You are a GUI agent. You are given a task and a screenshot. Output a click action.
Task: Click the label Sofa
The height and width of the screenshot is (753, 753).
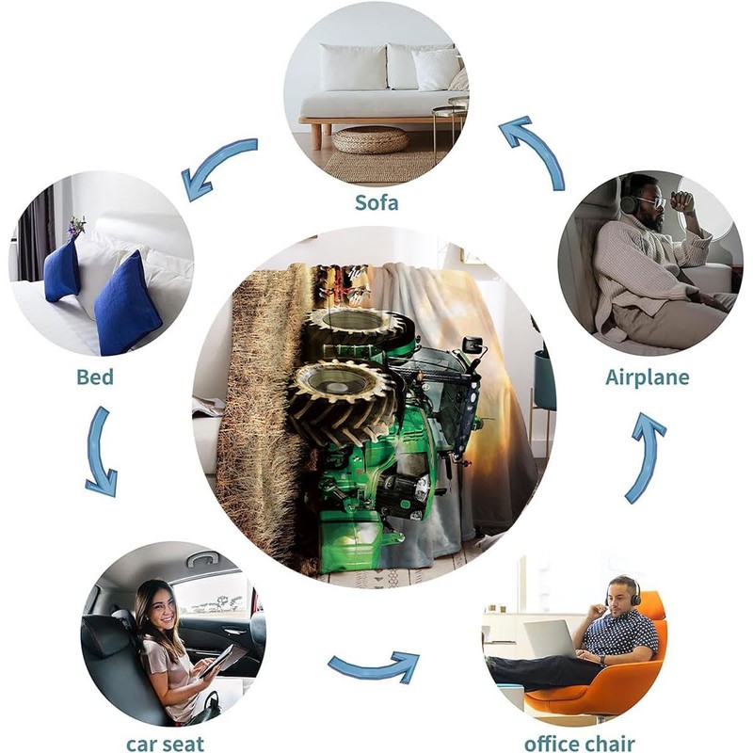coord(376,201)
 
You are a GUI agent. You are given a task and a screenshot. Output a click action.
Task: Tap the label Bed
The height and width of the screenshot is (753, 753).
coord(95,377)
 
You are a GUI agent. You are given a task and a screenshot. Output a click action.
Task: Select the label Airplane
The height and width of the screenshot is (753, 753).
coord(647,377)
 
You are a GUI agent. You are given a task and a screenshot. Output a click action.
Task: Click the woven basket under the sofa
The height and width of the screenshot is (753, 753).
coord(371,139)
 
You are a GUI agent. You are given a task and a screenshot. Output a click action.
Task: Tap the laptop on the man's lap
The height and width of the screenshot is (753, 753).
coord(551,639)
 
